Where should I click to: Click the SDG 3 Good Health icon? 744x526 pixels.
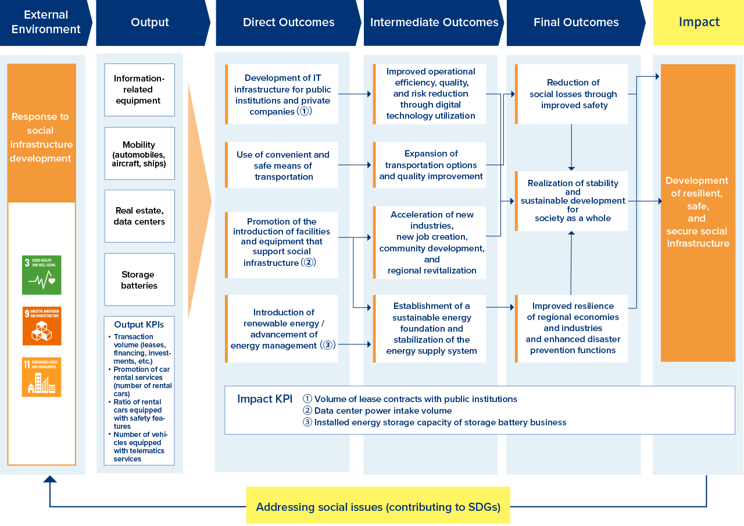click(41, 275)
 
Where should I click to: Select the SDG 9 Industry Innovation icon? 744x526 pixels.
click(41, 326)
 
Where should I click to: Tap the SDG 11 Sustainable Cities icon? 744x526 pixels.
click(41, 377)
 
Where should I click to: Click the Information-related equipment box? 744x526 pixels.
click(139, 90)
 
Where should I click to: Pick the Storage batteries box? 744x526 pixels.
click(139, 279)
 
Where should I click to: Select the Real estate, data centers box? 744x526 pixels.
click(139, 216)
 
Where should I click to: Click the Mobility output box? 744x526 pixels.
click(139, 154)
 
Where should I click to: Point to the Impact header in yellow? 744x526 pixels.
click(699, 23)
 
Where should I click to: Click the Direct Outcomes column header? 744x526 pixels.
click(288, 23)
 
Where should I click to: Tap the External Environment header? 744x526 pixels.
click(46, 23)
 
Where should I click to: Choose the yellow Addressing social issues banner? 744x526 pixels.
click(378, 506)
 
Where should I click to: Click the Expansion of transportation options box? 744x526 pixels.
click(431, 165)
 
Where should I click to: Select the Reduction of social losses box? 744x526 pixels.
click(573, 94)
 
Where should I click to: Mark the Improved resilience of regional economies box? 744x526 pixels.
click(573, 328)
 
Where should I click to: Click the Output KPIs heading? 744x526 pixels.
click(139, 325)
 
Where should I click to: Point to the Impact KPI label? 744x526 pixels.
click(264, 399)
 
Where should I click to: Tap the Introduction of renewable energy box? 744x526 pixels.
click(283, 329)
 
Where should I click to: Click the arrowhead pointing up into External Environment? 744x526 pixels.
click(50, 479)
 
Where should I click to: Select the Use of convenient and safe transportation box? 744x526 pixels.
click(283, 165)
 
